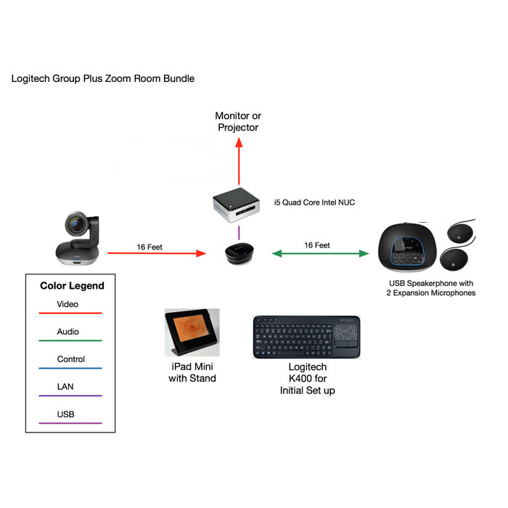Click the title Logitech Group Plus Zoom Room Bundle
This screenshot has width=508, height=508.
(x=103, y=78)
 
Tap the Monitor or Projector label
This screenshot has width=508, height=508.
(x=238, y=121)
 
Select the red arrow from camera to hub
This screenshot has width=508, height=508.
(x=156, y=254)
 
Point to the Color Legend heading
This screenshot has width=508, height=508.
(x=72, y=286)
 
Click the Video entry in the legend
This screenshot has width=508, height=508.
(x=67, y=305)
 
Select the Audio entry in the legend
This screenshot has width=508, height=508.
(x=67, y=332)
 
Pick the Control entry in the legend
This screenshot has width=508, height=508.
(x=70, y=359)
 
